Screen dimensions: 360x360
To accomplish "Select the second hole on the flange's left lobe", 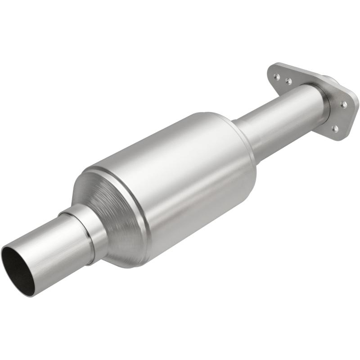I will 288,81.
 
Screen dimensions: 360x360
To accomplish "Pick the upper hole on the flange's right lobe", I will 344,104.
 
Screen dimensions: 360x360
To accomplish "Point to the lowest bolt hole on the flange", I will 335,129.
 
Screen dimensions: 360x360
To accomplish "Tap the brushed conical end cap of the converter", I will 112,211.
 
